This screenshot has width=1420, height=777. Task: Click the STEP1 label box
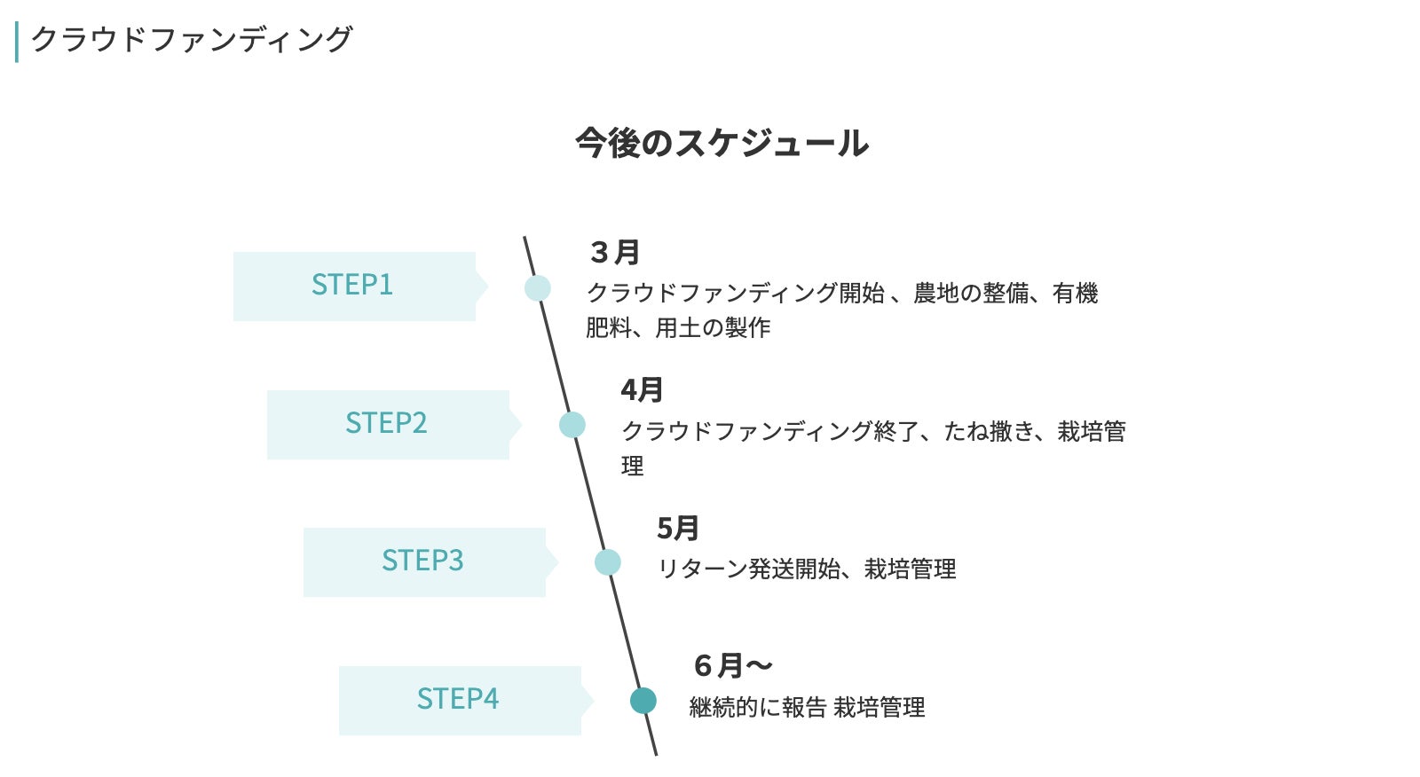(x=353, y=286)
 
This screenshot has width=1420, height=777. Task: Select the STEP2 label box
(x=387, y=424)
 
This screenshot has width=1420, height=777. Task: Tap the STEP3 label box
(x=423, y=561)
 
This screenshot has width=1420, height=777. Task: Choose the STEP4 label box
(x=459, y=700)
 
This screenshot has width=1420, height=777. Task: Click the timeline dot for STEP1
(x=537, y=288)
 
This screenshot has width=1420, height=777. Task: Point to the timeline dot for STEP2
(x=572, y=425)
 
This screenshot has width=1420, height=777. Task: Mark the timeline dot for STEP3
(x=608, y=562)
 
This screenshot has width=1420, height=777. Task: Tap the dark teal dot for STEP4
(x=643, y=701)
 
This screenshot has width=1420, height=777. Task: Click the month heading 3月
(x=614, y=253)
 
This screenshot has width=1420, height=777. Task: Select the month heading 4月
(x=642, y=390)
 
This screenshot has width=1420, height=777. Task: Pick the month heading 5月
(x=678, y=529)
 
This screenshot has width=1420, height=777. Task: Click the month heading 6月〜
(x=733, y=666)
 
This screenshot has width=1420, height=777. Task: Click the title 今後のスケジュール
(x=722, y=144)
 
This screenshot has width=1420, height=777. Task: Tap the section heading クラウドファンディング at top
(x=192, y=40)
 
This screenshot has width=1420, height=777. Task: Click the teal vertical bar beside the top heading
(x=17, y=42)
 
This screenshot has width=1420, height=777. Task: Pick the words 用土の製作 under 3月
(x=713, y=328)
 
